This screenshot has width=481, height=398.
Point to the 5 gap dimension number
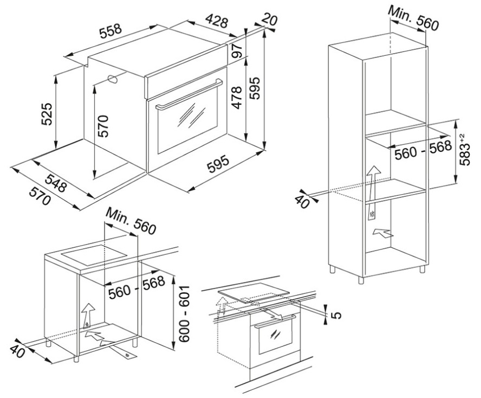click(336, 313)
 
